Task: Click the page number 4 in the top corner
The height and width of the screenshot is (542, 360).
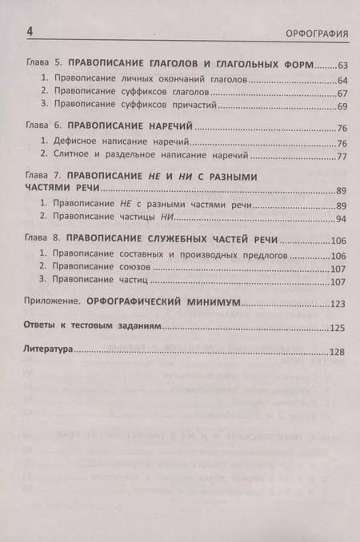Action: coord(30,32)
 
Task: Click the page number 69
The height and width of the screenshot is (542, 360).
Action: coord(342,106)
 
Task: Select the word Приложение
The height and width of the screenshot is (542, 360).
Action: coord(58,303)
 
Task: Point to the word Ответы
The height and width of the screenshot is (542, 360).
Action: coord(43,327)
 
